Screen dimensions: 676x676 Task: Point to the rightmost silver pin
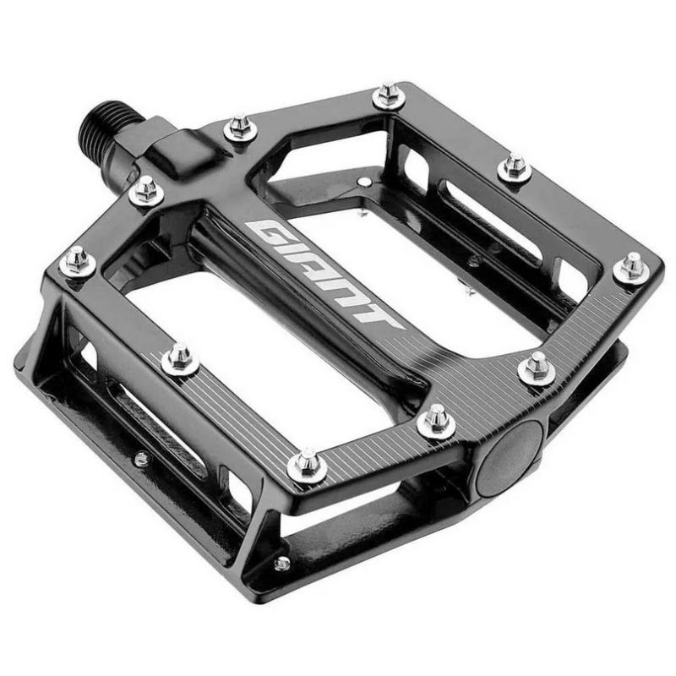point(631,267)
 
